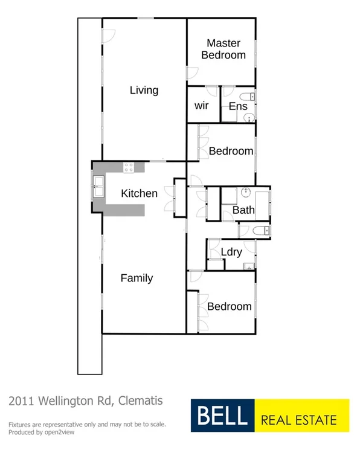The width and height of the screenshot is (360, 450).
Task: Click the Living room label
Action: (x=144, y=90)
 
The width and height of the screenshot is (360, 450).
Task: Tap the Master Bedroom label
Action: (x=223, y=49)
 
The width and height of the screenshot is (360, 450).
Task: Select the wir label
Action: (x=201, y=106)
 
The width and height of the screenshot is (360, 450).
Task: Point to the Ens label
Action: (x=237, y=106)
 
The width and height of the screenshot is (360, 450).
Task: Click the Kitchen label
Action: (x=139, y=193)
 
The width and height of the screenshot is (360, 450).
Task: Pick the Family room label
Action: (x=137, y=278)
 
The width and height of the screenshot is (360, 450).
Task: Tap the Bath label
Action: (x=243, y=210)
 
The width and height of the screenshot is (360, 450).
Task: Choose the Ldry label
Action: (x=231, y=252)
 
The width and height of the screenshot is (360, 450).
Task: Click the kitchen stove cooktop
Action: (x=129, y=167)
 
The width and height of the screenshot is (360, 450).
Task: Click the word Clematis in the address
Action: (x=141, y=400)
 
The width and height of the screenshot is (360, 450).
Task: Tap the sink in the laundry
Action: (x=248, y=266)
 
